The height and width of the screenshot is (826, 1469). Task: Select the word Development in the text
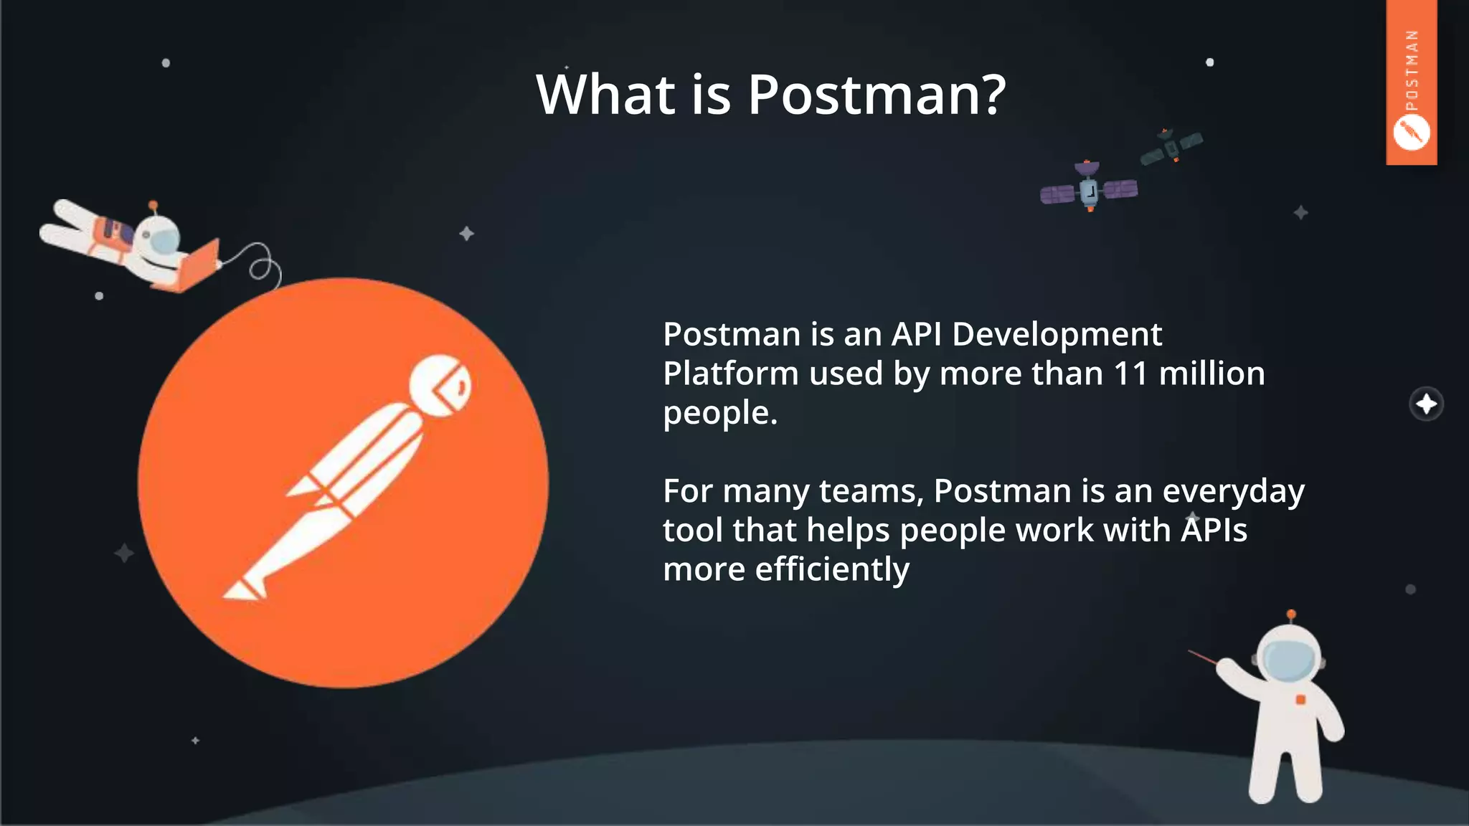(1057, 335)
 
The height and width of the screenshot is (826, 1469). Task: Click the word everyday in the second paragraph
(1232, 492)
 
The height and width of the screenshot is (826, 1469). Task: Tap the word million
(1211, 374)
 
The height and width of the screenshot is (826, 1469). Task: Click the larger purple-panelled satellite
(1089, 190)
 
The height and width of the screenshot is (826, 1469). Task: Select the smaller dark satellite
(1171, 147)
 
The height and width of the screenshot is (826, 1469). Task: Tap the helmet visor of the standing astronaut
(1289, 660)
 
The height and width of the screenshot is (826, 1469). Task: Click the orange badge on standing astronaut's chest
(1300, 699)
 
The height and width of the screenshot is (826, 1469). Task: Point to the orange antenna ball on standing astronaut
(1291, 614)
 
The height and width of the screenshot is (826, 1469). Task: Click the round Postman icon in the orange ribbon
(1411, 133)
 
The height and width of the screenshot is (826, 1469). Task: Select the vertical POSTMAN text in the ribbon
(1412, 70)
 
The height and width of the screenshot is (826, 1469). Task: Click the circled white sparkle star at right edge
(1426, 404)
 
